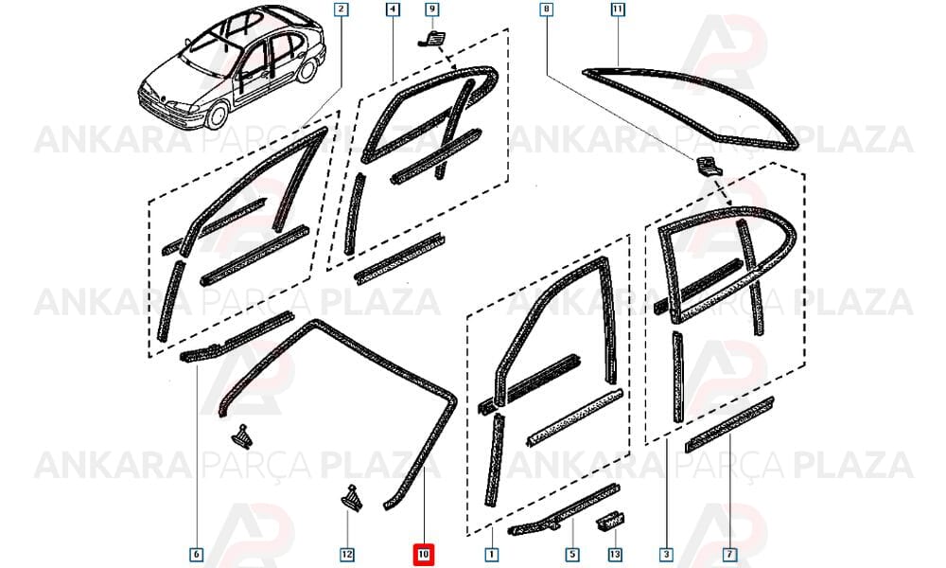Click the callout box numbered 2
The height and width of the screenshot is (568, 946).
click(x=342, y=9)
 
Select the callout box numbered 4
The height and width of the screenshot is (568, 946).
click(x=393, y=9)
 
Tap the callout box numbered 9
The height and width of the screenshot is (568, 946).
click(x=432, y=9)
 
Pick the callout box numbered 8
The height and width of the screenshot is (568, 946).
click(x=547, y=9)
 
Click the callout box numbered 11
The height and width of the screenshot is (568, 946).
click(x=617, y=9)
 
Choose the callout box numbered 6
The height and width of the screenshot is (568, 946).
click(x=196, y=554)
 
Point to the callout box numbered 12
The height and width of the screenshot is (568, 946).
click(x=347, y=554)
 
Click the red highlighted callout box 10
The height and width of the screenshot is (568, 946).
click(x=424, y=554)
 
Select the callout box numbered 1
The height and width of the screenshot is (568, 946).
click(x=492, y=554)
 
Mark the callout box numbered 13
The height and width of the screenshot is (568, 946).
click(x=615, y=554)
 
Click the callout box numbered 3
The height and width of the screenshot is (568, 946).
click(x=666, y=554)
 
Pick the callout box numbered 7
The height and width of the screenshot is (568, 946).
click(x=729, y=554)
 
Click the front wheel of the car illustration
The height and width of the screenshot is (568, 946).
click(x=217, y=115)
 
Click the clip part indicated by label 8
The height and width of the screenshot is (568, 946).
click(x=707, y=166)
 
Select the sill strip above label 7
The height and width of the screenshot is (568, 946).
click(x=729, y=424)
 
